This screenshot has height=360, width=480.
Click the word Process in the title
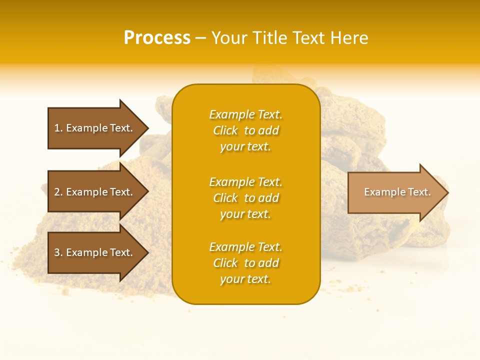[157, 38]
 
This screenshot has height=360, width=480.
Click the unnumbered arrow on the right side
[395, 192]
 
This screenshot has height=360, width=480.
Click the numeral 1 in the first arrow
[57, 128]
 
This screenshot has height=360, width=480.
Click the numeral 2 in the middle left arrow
[57, 192]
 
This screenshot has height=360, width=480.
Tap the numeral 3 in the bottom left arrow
[57, 252]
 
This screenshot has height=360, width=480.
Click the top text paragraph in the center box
[245, 130]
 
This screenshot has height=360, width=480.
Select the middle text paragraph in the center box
[245, 198]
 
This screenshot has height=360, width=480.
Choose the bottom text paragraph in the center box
[245, 263]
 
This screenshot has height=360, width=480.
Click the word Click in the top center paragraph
[225, 130]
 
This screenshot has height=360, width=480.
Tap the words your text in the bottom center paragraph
[245, 279]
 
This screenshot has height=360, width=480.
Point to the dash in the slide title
[200, 38]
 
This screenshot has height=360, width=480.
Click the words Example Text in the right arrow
[397, 192]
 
